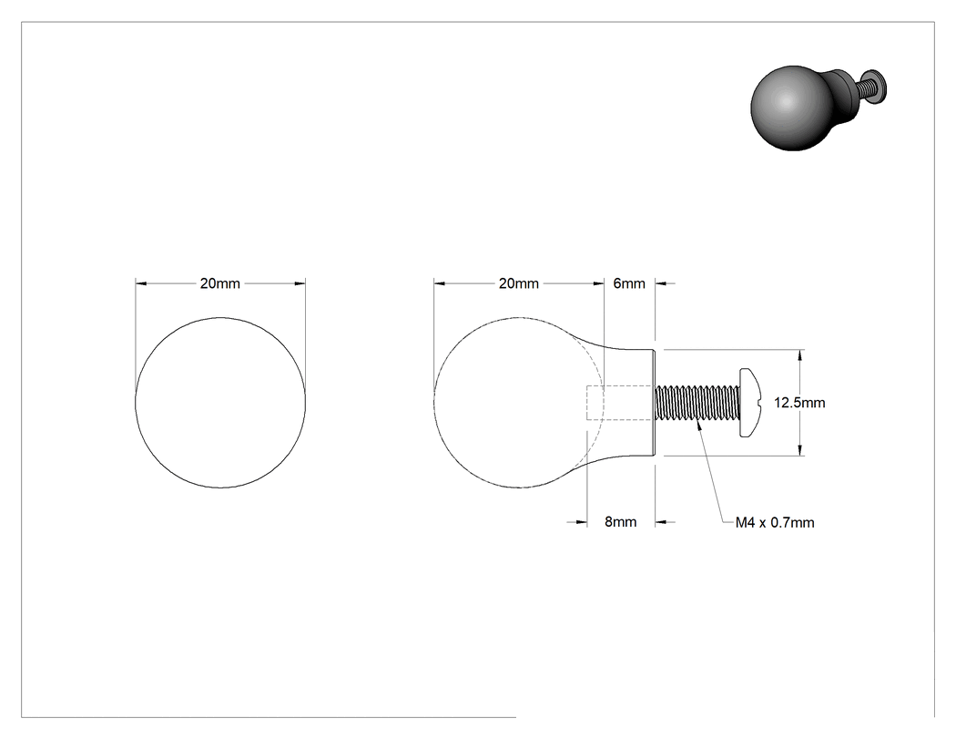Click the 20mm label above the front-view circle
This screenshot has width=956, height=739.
coord(220,283)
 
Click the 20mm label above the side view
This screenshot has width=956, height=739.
coord(519,283)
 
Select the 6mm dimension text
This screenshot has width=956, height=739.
coord(629,283)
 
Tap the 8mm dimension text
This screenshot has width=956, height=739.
coord(621,522)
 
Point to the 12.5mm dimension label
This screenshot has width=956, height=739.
coord(799,403)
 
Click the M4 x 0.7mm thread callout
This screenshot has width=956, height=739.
coord(774,523)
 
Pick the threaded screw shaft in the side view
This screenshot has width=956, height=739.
coord(697,403)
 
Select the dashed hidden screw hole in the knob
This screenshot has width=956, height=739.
coord(621,403)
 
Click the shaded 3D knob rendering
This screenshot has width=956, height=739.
coord(818,108)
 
